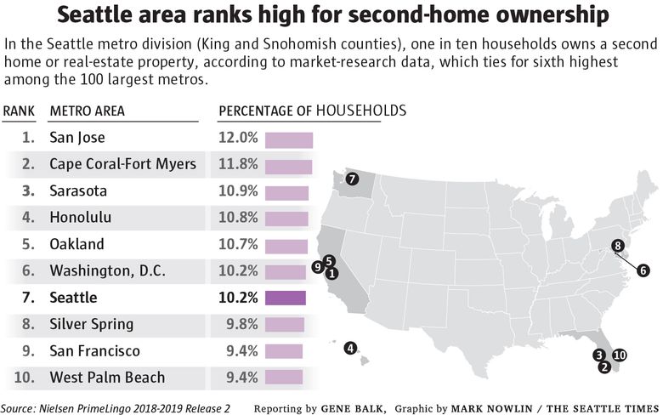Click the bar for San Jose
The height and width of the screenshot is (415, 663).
pos(289,139)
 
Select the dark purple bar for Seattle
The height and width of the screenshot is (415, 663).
pos(286,298)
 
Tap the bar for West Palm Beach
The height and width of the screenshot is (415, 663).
pos(283,377)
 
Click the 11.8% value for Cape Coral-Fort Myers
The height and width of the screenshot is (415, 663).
pos(238,164)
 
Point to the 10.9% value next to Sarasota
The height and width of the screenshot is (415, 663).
pos(238,191)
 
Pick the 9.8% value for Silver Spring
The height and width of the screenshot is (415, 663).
pos(241,324)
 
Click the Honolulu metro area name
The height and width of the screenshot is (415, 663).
pos(81,218)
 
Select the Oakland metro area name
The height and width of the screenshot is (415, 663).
pos(77,244)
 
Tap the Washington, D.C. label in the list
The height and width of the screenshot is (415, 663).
pos(107,271)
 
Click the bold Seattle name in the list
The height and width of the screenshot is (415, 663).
pos(73,298)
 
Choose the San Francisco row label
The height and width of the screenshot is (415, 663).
pos(95,350)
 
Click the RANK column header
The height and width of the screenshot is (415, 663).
pos(18,111)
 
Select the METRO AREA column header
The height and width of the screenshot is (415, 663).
pos(88,111)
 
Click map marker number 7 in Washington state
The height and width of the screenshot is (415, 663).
pos(352,179)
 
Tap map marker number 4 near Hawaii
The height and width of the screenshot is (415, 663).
pos(350,347)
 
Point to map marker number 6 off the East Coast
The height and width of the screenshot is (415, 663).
pos(643,270)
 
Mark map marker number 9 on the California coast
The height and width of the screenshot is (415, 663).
pos(317,266)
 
